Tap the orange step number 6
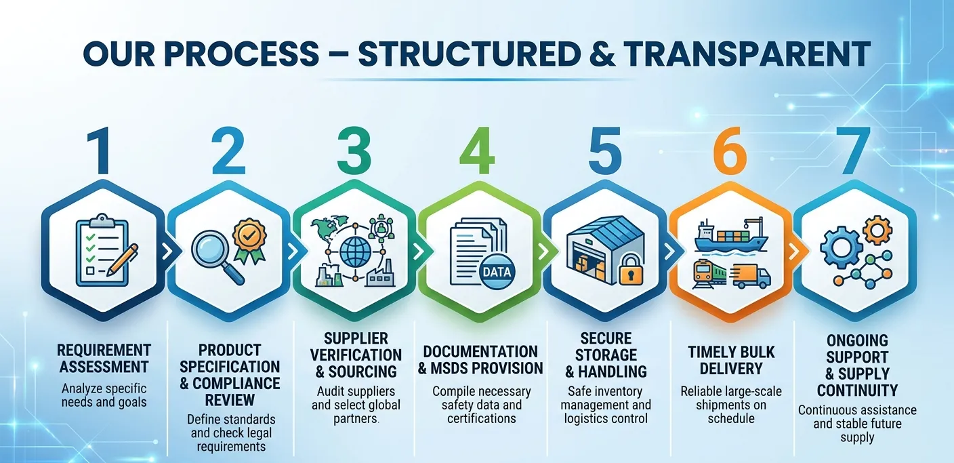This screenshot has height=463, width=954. pyautogui.click(x=730, y=151)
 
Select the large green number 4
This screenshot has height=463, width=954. pyautogui.click(x=478, y=151)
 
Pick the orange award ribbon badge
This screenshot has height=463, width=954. pyautogui.click(x=250, y=240)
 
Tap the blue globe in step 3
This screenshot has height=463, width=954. pyautogui.click(x=354, y=251)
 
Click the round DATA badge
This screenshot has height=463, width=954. pyautogui.click(x=497, y=272)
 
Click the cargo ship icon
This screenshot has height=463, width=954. pyautogui.click(x=730, y=236)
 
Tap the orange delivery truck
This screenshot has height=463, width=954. pyautogui.click(x=752, y=276)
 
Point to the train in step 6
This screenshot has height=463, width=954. pyautogui.click(x=709, y=275)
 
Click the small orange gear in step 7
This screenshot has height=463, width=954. pyautogui.click(x=877, y=230)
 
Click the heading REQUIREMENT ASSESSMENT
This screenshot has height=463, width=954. pyautogui.click(x=104, y=358)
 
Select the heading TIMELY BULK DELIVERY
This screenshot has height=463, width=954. pyautogui.click(x=731, y=361)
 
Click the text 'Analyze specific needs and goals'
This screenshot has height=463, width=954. pyautogui.click(x=104, y=395)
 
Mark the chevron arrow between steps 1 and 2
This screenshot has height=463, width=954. pyautogui.click(x=167, y=251)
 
